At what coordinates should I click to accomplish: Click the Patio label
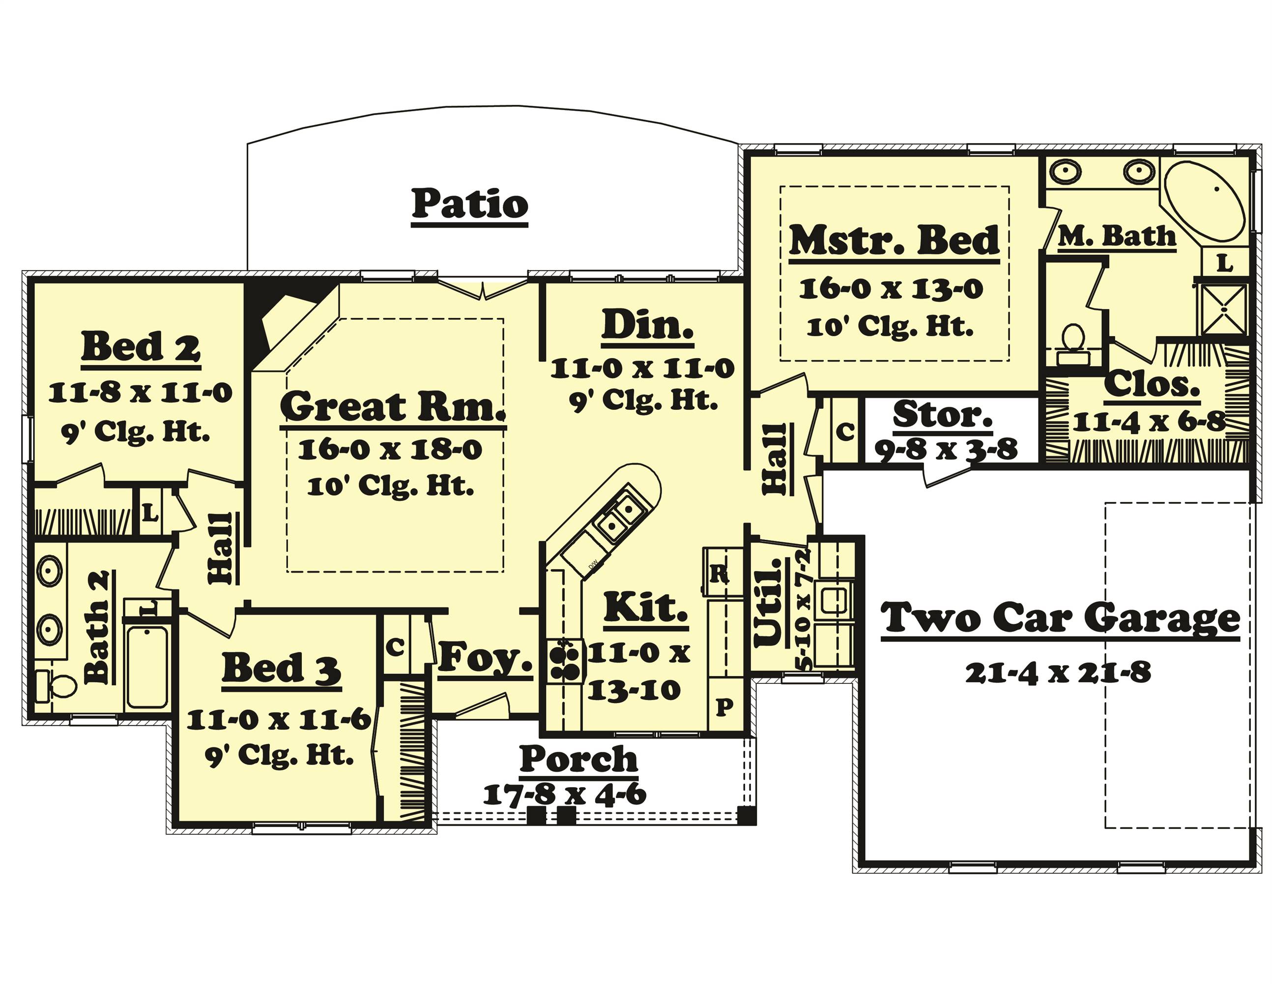coord(469,204)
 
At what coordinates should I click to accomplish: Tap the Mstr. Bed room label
coord(894,241)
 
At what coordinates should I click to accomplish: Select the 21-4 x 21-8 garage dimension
coord(1058,673)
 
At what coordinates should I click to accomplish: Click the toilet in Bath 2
coord(56,686)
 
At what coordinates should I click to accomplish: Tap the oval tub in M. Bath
coord(1203,201)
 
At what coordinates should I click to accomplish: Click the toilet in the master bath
coord(1072,344)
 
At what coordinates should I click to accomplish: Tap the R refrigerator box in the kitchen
coord(720,574)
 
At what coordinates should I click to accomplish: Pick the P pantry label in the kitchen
coord(724,707)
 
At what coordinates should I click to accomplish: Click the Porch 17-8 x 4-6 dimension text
coord(564,794)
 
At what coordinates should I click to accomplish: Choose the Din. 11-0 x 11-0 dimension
coord(642,369)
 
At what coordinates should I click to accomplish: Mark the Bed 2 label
coord(141,347)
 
